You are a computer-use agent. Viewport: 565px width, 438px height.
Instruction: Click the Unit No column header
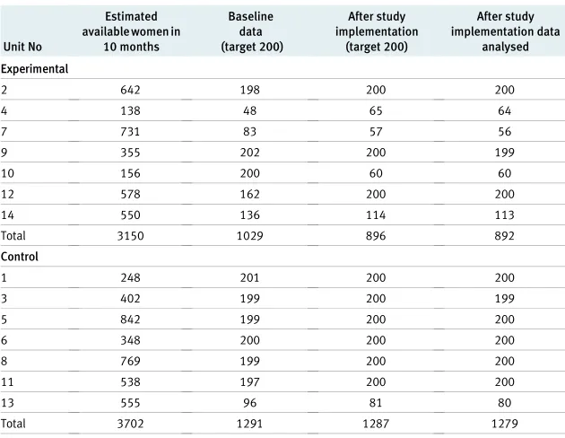pos(22,47)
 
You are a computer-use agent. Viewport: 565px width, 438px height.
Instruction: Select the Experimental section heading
pos(35,69)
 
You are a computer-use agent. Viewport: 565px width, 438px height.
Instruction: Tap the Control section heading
pos(20,257)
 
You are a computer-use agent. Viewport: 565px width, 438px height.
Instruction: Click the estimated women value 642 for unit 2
pos(130,90)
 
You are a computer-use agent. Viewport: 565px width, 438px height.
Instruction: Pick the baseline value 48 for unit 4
pos(249,110)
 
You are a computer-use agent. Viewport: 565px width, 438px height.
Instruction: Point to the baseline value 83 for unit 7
pos(249,132)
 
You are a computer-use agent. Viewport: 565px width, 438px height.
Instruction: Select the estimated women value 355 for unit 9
pos(130,153)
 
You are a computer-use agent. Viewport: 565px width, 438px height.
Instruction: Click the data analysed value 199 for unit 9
pos(504,153)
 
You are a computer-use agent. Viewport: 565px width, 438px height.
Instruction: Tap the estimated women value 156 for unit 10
pos(130,173)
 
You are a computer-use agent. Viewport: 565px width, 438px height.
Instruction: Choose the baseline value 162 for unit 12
pos(249,194)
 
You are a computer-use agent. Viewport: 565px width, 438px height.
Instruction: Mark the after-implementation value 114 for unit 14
pos(376,215)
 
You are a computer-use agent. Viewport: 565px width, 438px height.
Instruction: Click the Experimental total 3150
pos(130,236)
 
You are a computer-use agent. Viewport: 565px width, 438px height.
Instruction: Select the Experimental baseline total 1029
pos(249,236)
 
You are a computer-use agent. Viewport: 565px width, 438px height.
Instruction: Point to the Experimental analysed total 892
pos(504,236)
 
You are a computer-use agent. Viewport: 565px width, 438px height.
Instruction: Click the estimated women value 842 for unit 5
pos(130,320)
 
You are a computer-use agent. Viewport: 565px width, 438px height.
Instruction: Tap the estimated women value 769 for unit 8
pos(130,361)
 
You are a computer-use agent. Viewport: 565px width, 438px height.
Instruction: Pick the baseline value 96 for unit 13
pos(249,403)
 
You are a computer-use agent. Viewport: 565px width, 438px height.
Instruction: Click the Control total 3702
pos(130,424)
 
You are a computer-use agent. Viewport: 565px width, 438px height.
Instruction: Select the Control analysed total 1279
pos(504,424)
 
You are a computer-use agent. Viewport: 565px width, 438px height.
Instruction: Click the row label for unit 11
pos(7,382)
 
